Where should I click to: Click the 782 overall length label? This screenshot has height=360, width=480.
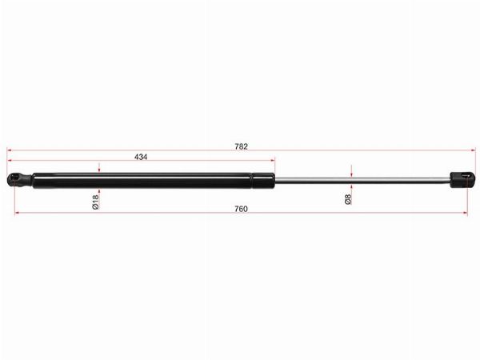(x=241, y=146)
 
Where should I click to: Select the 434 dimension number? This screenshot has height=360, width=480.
(x=141, y=157)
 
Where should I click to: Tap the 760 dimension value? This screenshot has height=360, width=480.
(x=241, y=209)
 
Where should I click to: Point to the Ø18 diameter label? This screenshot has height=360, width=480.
(x=95, y=202)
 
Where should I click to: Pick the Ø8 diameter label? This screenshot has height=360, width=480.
(x=348, y=199)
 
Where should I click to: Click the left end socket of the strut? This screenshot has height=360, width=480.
(x=19, y=180)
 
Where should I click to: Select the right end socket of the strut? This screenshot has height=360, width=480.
(x=462, y=180)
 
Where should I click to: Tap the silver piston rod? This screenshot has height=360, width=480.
(x=362, y=180)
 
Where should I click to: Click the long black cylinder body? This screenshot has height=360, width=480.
(x=142, y=180)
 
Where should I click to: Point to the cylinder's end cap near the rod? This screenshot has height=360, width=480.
(x=263, y=180)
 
